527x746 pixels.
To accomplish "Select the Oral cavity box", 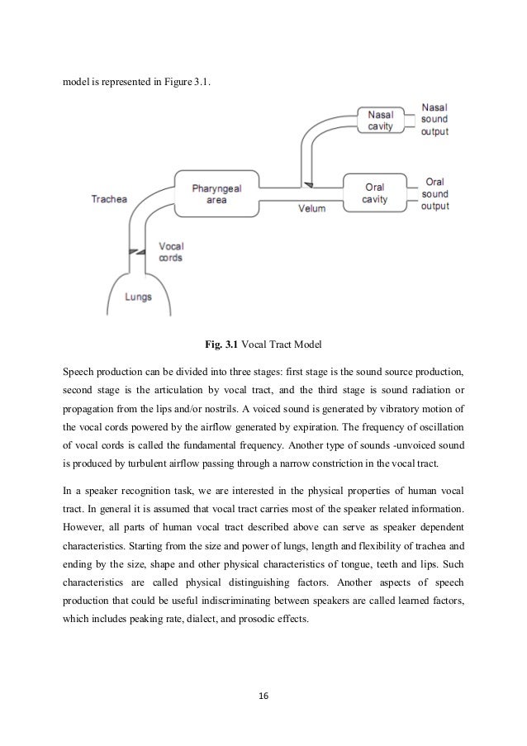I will pos(374,192).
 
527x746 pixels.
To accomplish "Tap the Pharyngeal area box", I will pos(213,193).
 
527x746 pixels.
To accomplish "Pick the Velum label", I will pos(311,208).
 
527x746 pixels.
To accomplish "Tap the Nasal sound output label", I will pos(435,121).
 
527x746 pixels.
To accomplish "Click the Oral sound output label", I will pos(436,193).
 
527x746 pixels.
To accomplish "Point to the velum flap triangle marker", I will pos(307,183).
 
